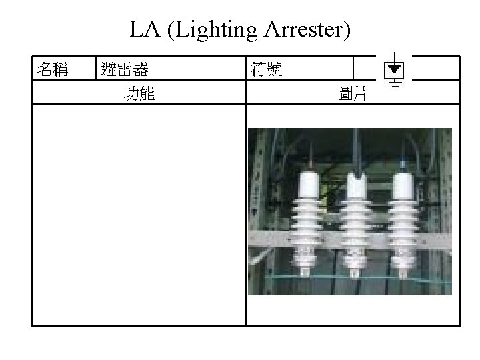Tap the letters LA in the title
(x=143, y=31)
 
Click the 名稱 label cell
(x=53, y=69)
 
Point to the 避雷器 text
(x=124, y=69)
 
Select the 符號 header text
(x=266, y=69)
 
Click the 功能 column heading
(x=139, y=95)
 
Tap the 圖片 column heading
(x=353, y=95)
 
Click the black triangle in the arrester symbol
(x=395, y=69)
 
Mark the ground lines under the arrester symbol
(x=395, y=84)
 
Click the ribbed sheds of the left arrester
(x=307, y=227)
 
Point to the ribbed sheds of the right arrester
(x=403, y=227)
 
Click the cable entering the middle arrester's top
(x=359, y=150)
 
